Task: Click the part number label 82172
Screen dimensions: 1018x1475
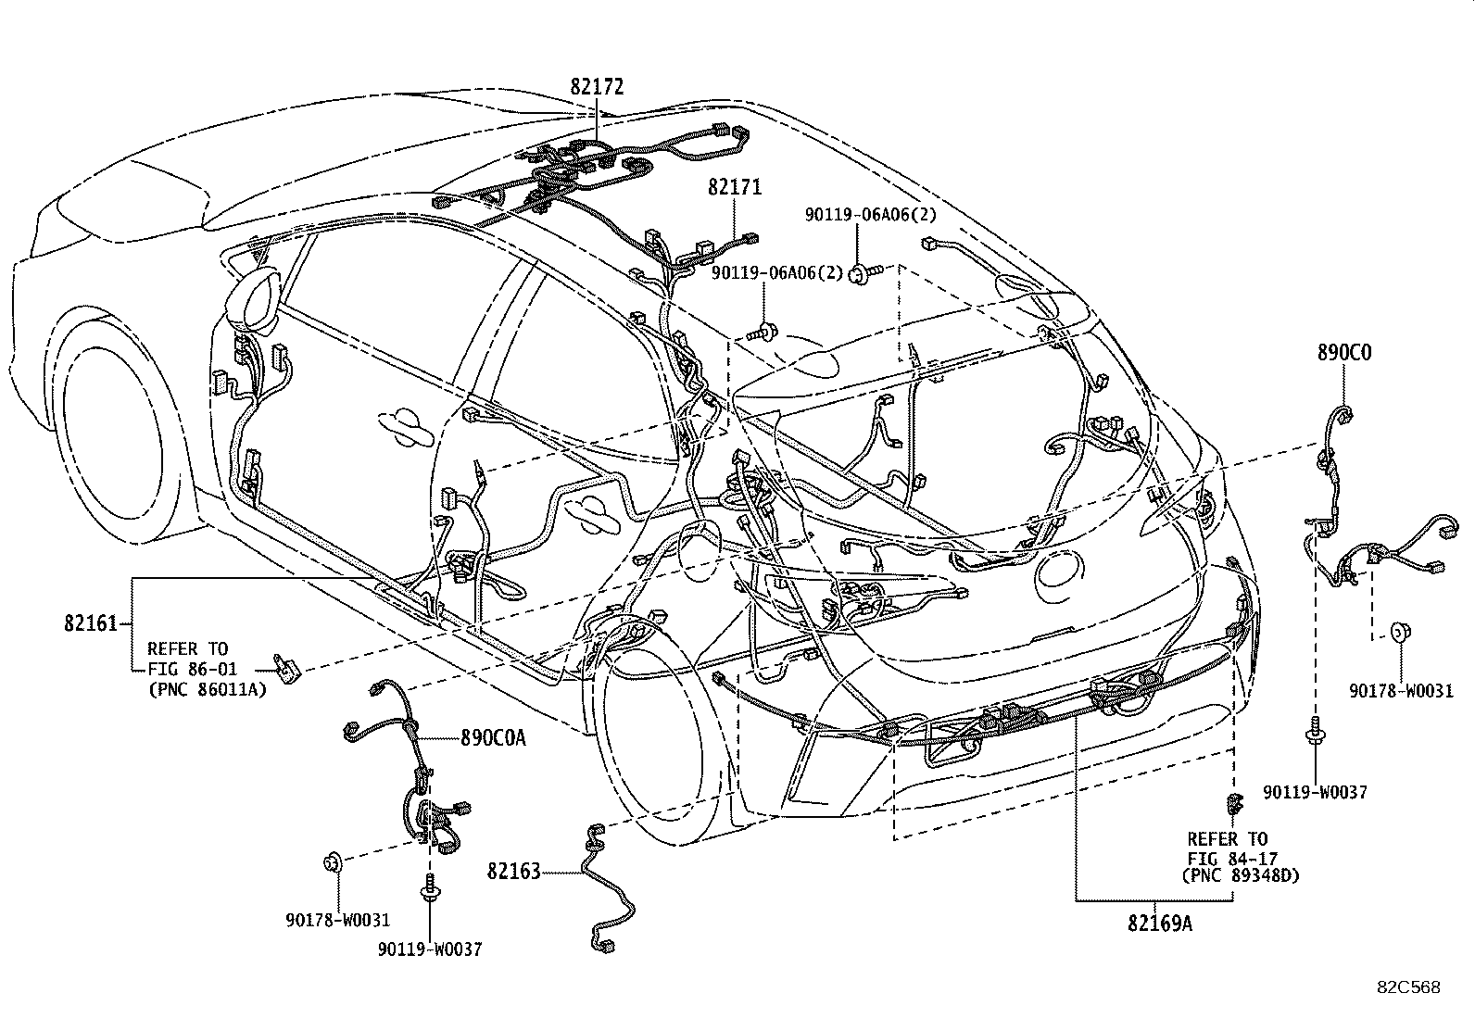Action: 597,87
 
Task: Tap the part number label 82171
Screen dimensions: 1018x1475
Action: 735,187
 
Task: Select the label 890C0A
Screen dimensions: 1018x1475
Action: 493,738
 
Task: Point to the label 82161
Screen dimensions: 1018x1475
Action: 91,623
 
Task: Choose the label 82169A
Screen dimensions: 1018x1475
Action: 1160,923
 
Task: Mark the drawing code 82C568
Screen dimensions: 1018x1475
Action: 1407,987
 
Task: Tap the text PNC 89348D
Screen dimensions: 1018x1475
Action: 1242,875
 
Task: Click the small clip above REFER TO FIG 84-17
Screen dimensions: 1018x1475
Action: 1233,802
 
